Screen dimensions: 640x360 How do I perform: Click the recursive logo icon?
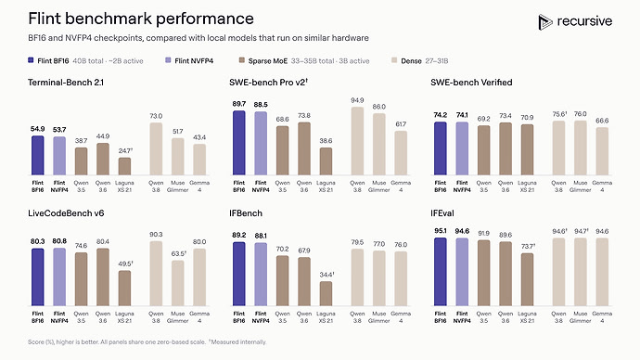pos(544,22)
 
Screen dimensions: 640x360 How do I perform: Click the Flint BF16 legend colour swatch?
pos(31,60)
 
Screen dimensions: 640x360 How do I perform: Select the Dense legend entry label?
pos(411,61)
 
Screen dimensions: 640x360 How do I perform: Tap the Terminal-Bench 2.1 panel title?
pos(66,83)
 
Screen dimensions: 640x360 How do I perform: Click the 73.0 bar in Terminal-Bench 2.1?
pos(156,149)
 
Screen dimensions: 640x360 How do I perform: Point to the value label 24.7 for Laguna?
pos(125,151)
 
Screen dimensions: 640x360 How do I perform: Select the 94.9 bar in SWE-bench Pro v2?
pos(357,141)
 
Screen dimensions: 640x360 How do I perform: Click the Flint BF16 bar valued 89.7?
pos(239,143)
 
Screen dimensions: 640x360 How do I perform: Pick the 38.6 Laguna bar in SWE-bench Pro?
pos(326,161)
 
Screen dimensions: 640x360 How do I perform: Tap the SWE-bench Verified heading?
pos(471,83)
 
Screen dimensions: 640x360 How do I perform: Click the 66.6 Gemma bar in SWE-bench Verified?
pos(602,151)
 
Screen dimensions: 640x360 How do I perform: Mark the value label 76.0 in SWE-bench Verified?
pos(580,114)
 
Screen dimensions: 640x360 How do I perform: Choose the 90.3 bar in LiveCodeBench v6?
pos(156,274)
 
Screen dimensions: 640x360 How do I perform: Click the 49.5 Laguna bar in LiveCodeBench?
pos(124,289)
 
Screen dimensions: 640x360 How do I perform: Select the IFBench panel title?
pos(246,213)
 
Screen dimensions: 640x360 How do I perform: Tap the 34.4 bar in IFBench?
pos(326,294)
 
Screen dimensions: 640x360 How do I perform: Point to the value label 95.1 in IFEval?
pos(441,231)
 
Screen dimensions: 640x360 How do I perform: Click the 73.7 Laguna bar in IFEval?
pos(527,279)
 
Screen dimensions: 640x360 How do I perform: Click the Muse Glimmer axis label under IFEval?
pos(580,317)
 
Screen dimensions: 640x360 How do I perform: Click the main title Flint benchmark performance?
pos(141,19)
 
